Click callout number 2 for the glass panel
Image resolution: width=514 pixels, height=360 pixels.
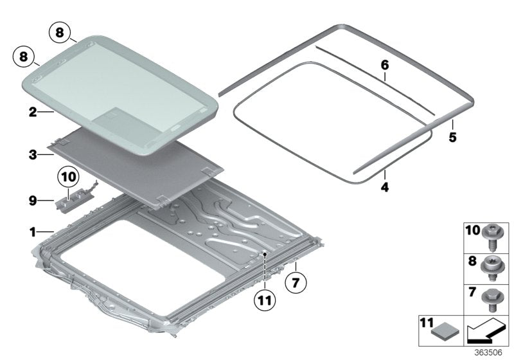[x=33, y=112]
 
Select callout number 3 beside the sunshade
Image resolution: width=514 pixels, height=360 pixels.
[x=33, y=154]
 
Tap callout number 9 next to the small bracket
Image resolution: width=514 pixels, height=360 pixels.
[x=33, y=201]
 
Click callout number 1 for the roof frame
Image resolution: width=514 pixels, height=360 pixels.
[x=33, y=232]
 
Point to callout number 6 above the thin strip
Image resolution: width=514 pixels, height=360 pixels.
[x=385, y=65]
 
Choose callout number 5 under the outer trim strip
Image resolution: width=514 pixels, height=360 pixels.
[x=452, y=137]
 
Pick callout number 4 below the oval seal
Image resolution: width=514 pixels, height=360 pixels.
[x=385, y=187]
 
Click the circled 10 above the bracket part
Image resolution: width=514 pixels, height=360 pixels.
[x=68, y=177]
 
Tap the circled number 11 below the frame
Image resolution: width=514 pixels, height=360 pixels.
[x=265, y=300]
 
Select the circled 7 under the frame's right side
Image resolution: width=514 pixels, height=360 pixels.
[x=296, y=282]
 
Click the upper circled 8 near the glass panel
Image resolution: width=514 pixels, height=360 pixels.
[x=59, y=33]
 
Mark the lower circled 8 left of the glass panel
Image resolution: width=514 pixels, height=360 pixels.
[x=24, y=57]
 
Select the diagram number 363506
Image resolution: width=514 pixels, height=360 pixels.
[x=488, y=353]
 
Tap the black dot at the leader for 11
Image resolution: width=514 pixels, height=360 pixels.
[x=265, y=254]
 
